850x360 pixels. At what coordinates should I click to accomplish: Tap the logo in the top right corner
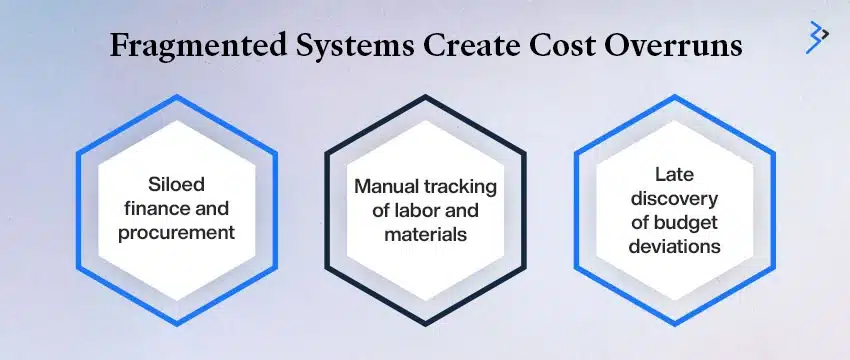coord(817,35)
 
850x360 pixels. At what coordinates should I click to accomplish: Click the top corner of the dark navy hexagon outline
coord(426,98)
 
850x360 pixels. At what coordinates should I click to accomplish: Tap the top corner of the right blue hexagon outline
coord(675,98)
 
